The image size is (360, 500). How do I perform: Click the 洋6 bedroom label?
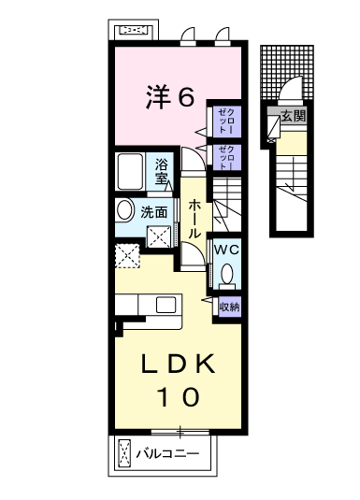pos(170,97)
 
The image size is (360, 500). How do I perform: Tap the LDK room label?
pos(179,364)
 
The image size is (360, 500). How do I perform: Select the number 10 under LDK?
pos(179,396)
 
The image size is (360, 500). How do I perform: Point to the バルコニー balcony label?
pos(167,453)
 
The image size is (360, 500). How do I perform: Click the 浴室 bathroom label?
pos(162,172)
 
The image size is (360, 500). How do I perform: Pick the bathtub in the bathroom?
pos(130,172)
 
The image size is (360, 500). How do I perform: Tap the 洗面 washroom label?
pos(154,212)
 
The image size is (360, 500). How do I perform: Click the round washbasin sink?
pos(125,210)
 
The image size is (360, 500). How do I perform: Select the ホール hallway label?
pos(194,220)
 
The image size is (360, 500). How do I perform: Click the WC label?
pos(226,250)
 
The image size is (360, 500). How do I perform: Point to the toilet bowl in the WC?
pos(227,274)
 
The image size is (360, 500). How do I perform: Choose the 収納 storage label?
pos(229,307)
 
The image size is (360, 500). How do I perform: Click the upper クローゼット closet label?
pos(226,121)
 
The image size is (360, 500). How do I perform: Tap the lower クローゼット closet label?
pos(226,157)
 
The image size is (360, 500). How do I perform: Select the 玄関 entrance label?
pos(294,116)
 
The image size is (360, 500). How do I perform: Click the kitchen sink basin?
pos(166,305)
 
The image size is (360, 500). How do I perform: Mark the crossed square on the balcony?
pos(124,453)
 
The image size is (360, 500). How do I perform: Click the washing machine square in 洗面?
pos(159,236)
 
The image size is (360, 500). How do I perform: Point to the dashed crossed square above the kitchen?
pos(127,256)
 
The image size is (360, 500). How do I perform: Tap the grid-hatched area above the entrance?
pos(287,72)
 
